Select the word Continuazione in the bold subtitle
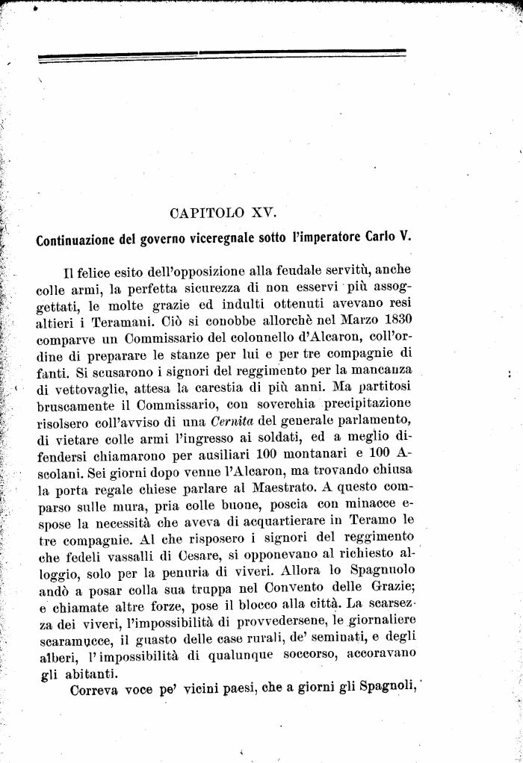(75, 240)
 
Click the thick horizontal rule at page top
(221, 54)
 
